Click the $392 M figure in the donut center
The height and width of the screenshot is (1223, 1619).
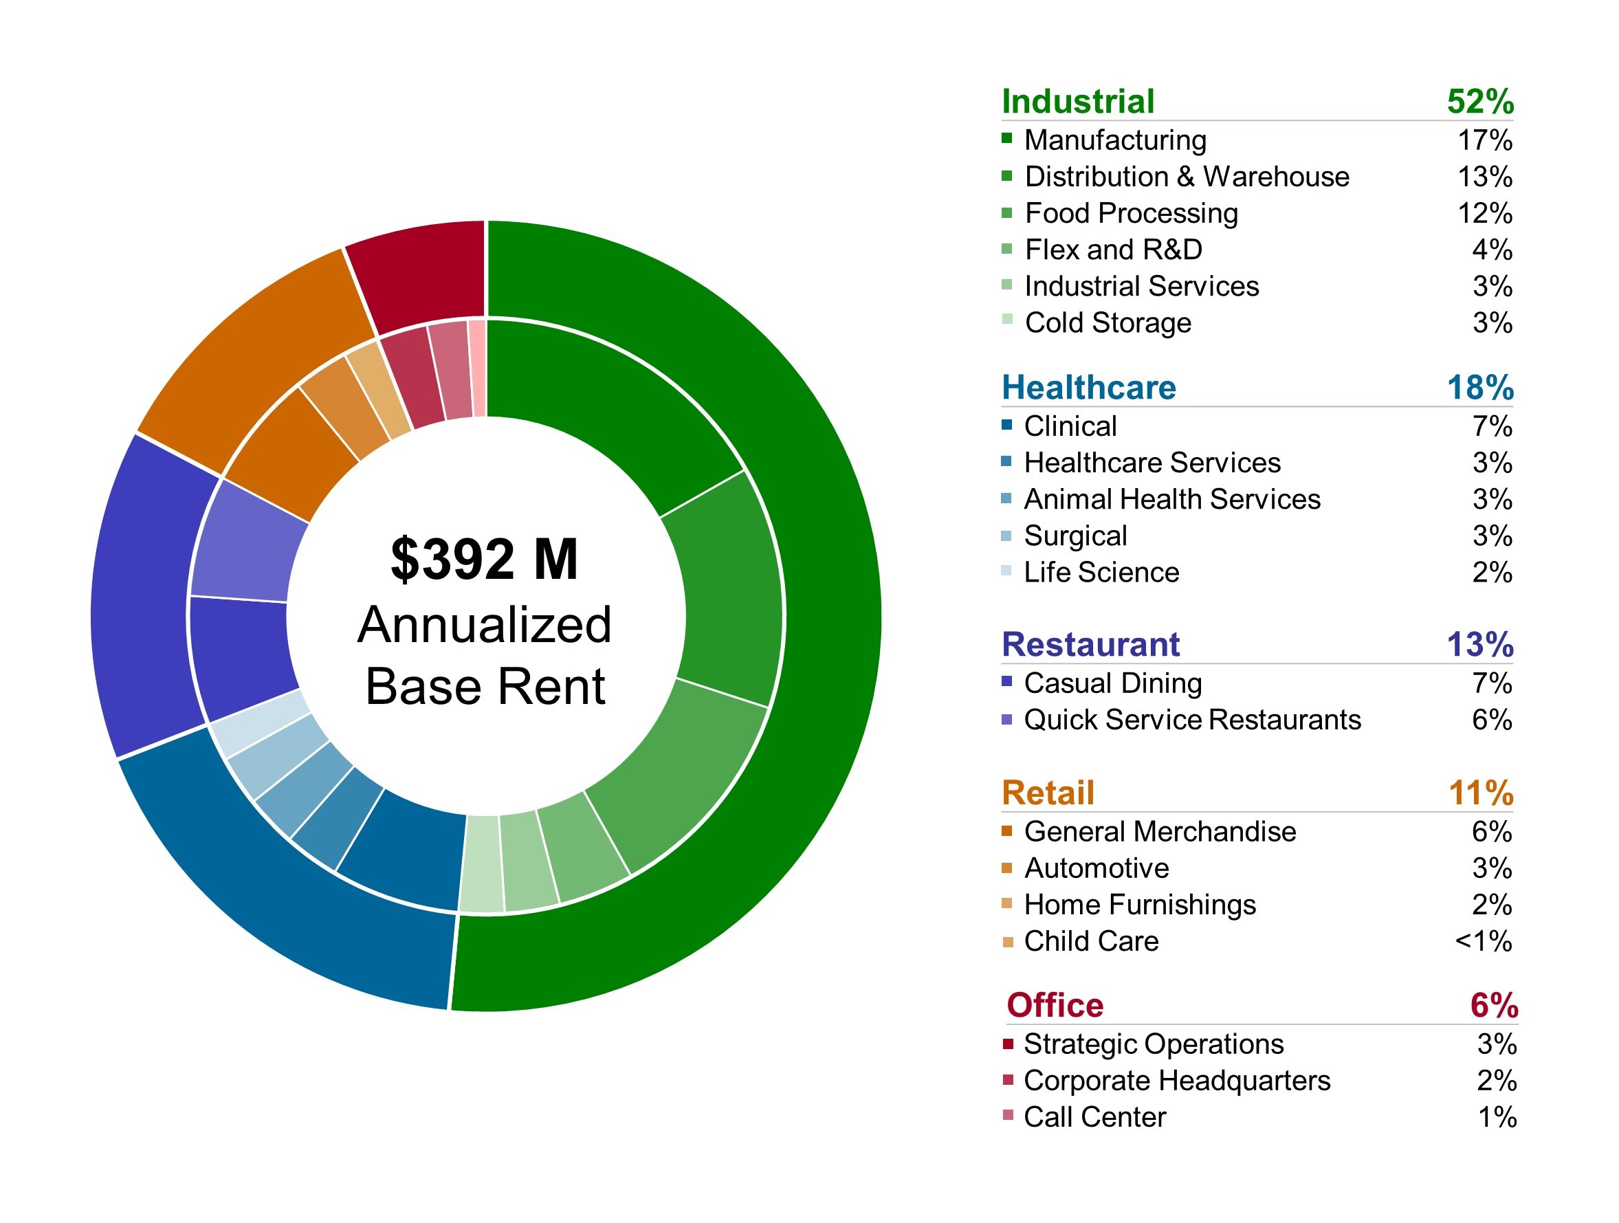484,560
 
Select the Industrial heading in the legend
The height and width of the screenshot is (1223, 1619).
1077,102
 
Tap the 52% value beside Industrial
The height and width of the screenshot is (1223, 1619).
1479,102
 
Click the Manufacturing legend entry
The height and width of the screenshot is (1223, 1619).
1114,140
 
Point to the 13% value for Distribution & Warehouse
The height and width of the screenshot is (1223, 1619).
1484,177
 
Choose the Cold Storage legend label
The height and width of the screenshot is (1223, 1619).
1108,323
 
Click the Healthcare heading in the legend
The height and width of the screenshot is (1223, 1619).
1088,388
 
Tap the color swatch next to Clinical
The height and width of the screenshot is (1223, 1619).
1007,424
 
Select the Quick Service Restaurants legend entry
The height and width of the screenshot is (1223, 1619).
1191,720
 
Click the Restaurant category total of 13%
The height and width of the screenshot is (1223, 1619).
1479,645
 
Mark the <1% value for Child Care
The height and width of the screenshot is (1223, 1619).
1483,941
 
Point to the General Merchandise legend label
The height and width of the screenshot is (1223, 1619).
1159,832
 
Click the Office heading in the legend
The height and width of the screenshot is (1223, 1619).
1055,1006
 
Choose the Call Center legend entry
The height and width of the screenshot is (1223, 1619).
1094,1118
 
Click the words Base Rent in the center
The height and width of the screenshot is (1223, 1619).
485,687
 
